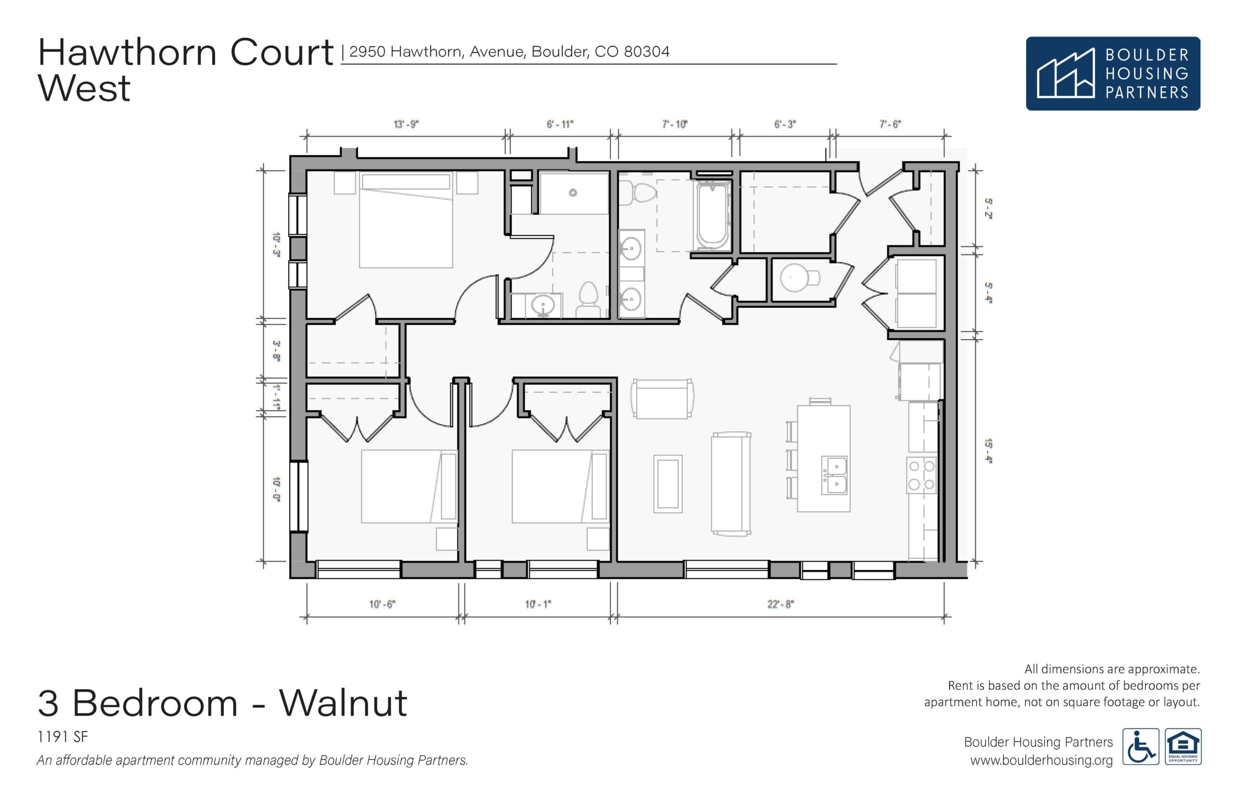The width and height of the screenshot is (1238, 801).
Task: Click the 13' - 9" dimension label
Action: pyautogui.click(x=406, y=124)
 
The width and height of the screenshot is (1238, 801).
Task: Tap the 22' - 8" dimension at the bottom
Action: pyautogui.click(x=781, y=604)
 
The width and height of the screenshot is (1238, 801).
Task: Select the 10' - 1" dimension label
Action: pyautogui.click(x=538, y=604)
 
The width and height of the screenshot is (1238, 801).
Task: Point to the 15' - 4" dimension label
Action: pyautogui.click(x=988, y=451)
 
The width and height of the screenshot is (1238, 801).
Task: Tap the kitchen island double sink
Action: pyautogui.click(x=834, y=475)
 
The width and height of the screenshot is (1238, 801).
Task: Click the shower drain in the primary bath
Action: pyautogui.click(x=573, y=193)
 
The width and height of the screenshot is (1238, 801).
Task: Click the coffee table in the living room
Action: pyautogui.click(x=668, y=484)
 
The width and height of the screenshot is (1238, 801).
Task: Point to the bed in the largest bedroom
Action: pyautogui.click(x=406, y=221)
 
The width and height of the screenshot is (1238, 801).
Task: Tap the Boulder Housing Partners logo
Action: pyautogui.click(x=1113, y=74)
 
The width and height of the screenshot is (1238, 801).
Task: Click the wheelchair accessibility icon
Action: pyautogui.click(x=1141, y=746)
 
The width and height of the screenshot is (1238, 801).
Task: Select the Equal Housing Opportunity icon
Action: pyautogui.click(x=1183, y=746)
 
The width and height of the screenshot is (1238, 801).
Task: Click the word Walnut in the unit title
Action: pyautogui.click(x=343, y=703)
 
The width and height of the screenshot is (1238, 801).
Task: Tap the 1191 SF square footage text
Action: pyautogui.click(x=63, y=737)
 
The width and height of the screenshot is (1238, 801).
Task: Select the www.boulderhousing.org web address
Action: pyautogui.click(x=1042, y=760)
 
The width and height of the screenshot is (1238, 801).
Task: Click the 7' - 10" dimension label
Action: pyautogui.click(x=675, y=124)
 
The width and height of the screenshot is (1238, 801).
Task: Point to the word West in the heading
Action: pyautogui.click(x=84, y=88)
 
